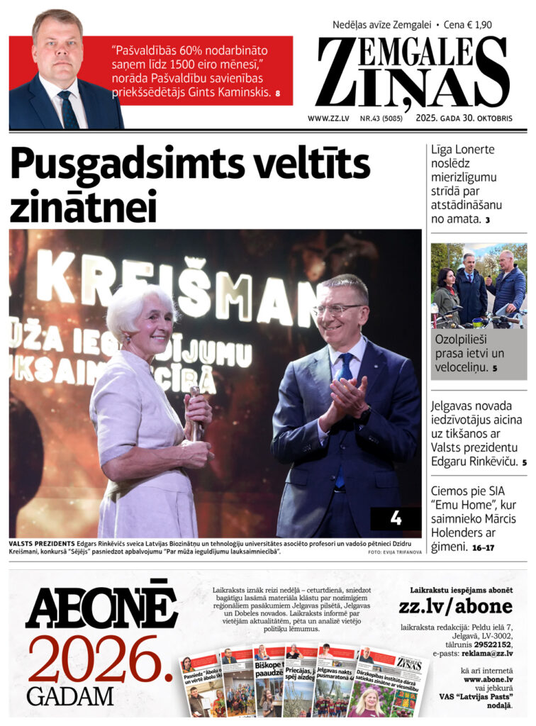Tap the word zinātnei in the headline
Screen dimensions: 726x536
pyautogui.click(x=83, y=206)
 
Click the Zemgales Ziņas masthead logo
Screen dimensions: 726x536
pyautogui.click(x=413, y=72)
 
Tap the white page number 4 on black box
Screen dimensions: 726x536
pyautogui.click(x=396, y=518)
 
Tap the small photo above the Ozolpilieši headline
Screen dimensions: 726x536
pyautogui.click(x=479, y=285)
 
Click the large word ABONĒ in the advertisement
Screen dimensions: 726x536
pyautogui.click(x=101, y=605)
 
